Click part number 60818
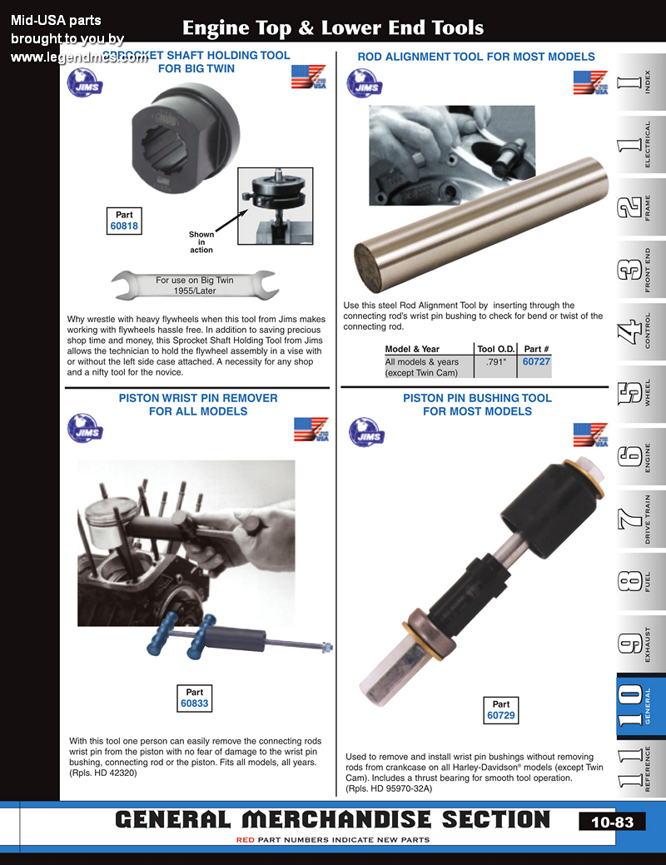124,226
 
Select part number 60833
194,703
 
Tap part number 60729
501,715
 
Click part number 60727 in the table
536,361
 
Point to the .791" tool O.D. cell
496,362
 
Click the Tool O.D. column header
496,349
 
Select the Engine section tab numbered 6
639,457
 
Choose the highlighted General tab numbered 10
639,706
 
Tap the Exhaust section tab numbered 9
639,644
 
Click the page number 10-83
612,822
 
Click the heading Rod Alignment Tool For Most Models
476,57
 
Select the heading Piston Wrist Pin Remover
198,398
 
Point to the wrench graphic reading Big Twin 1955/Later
194,285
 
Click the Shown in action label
201,242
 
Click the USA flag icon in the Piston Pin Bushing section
590,435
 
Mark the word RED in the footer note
246,840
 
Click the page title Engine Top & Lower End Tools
333,27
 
